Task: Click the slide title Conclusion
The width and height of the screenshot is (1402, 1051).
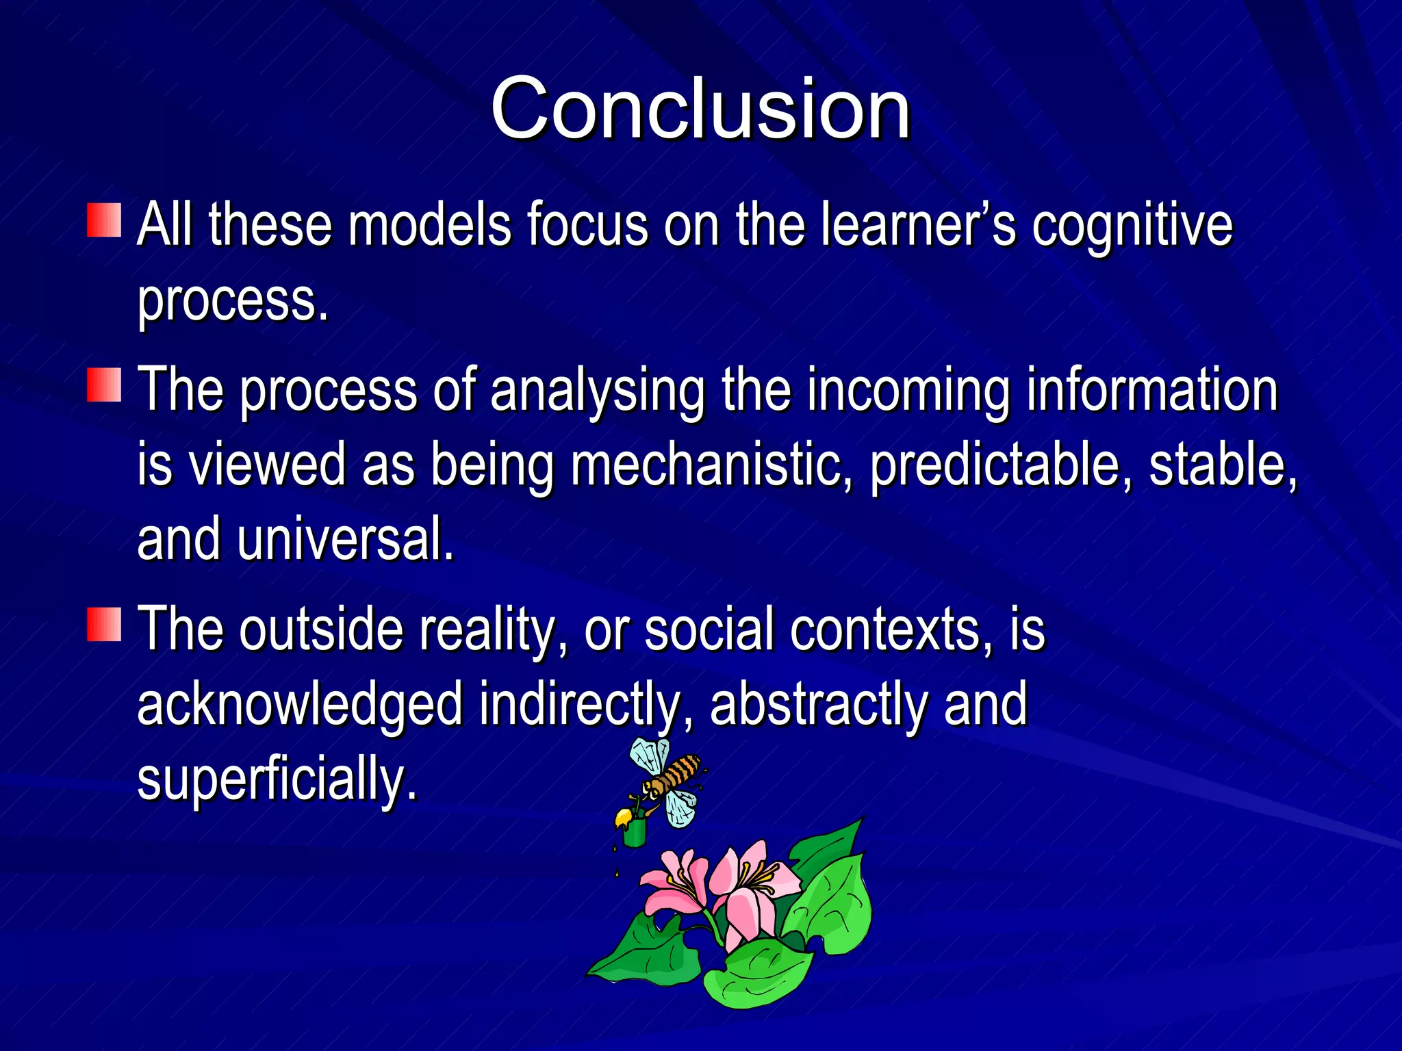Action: pos(700,109)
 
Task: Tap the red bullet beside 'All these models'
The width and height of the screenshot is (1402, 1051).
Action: pos(104,220)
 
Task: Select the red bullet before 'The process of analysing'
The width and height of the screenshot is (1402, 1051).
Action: pos(104,385)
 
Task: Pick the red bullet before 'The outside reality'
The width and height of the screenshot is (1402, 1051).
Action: pos(104,623)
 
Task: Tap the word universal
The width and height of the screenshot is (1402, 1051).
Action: pos(345,540)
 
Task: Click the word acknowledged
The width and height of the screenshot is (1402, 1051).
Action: pos(300,705)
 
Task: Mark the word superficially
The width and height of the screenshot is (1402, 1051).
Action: pos(277,780)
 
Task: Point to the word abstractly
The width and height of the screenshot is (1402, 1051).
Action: pos(818,705)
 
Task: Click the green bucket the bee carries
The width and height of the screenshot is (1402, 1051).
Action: pos(635,831)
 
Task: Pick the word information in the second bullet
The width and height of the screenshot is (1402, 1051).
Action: pos(1152,390)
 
